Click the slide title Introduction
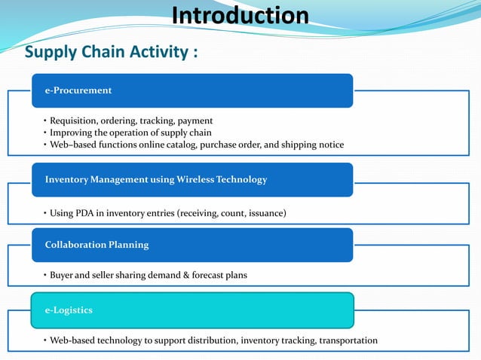[240, 15]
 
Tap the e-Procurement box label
[78, 90]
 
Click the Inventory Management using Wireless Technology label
[156, 179]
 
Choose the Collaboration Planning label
[97, 245]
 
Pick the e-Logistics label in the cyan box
[69, 310]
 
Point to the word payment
[195, 121]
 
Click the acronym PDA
[88, 213]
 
